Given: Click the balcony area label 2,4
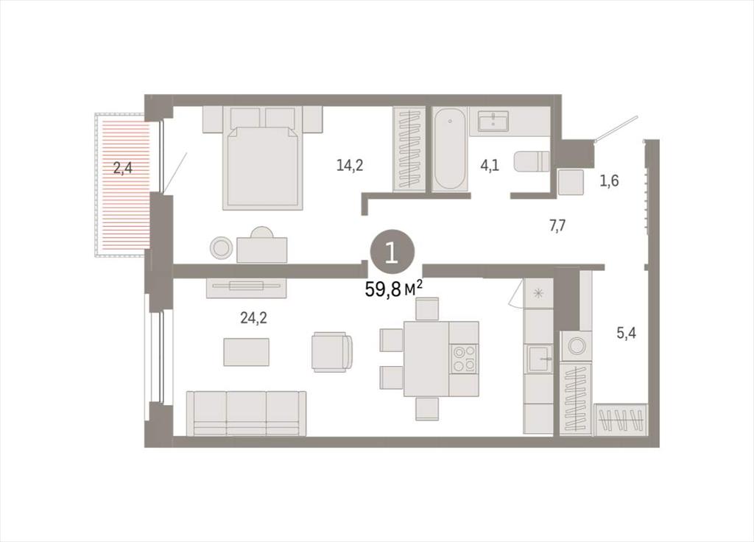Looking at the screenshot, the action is pyautogui.click(x=123, y=169).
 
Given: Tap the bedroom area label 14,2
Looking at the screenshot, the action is pyautogui.click(x=350, y=166).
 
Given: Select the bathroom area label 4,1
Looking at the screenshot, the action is pyautogui.click(x=490, y=166).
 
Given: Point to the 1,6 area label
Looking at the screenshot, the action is pyautogui.click(x=609, y=181).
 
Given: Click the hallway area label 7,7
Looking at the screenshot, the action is pyautogui.click(x=557, y=225).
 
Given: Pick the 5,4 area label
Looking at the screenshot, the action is pyautogui.click(x=626, y=332).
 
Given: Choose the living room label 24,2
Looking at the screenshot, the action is pyautogui.click(x=253, y=317).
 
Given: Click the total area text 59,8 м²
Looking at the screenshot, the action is pyautogui.click(x=394, y=289).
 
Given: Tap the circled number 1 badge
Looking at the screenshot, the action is pyautogui.click(x=392, y=252).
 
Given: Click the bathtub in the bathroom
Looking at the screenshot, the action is pyautogui.click(x=450, y=149).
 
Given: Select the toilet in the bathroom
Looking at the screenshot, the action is pyautogui.click(x=532, y=161).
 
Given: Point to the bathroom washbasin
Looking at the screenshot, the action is pyautogui.click(x=493, y=120).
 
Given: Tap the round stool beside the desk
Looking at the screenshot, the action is pyautogui.click(x=221, y=248).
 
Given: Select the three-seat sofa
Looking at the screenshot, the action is pyautogui.click(x=246, y=413).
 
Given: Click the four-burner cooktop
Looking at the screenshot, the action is pyautogui.click(x=464, y=359).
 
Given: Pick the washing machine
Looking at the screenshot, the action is pyautogui.click(x=576, y=345).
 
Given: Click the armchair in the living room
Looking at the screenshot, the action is pyautogui.click(x=332, y=351).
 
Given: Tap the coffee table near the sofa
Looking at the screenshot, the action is pyautogui.click(x=246, y=352).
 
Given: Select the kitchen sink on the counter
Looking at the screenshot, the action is pyautogui.click(x=538, y=359).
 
